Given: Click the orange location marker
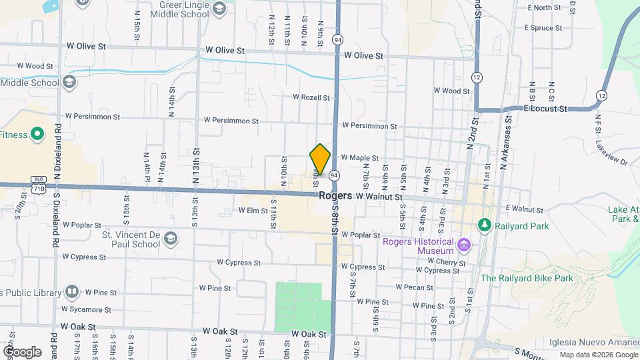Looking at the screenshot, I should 320,159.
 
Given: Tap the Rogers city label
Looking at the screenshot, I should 335,196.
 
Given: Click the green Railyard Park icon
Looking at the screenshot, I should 485,226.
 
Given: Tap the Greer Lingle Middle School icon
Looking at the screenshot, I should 219,9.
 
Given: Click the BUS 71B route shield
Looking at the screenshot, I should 39,185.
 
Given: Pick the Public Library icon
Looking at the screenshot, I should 71,292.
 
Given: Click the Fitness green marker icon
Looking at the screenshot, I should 38,135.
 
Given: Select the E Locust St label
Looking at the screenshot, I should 545,108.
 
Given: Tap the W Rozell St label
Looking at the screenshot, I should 311,97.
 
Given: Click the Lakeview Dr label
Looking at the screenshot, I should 612,158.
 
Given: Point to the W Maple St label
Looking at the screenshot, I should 359,158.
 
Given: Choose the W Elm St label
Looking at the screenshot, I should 253,211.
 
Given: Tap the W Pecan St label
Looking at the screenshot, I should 414,287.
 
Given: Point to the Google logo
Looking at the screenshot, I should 21,351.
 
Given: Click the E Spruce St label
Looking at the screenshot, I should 543,28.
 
